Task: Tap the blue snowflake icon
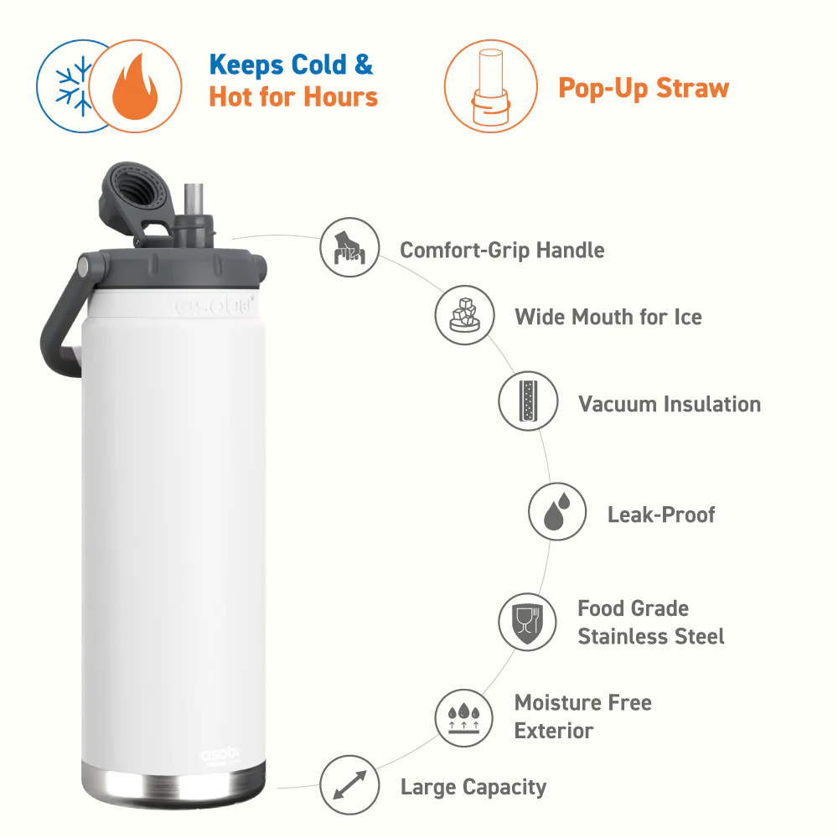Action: coord(75,86)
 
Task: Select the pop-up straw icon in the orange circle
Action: coord(490,86)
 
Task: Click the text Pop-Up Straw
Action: coord(644,88)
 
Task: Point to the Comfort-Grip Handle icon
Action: coord(349,248)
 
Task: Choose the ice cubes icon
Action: coord(464,315)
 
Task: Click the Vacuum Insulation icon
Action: coord(528,401)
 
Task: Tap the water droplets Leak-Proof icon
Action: coord(557,511)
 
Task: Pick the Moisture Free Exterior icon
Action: coord(464,718)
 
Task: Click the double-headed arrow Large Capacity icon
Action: coord(349,785)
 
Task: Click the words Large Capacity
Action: coord(473,787)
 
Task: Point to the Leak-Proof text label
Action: coord(661,515)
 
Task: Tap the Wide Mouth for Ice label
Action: coord(608,317)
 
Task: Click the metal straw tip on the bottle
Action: coord(194,199)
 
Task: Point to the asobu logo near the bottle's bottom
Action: coord(220,754)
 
